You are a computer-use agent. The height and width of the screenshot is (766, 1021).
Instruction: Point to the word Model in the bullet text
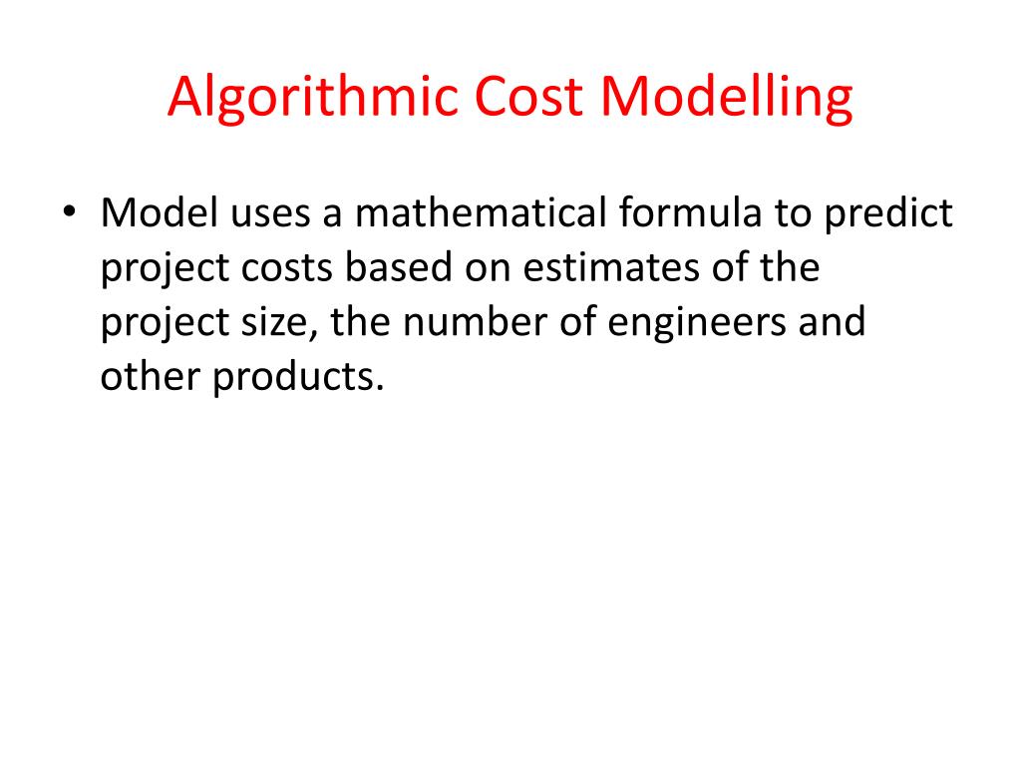[x=159, y=214]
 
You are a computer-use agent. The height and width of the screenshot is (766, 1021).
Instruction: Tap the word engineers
[x=708, y=324]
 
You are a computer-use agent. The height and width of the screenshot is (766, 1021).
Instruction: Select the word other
[x=149, y=379]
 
